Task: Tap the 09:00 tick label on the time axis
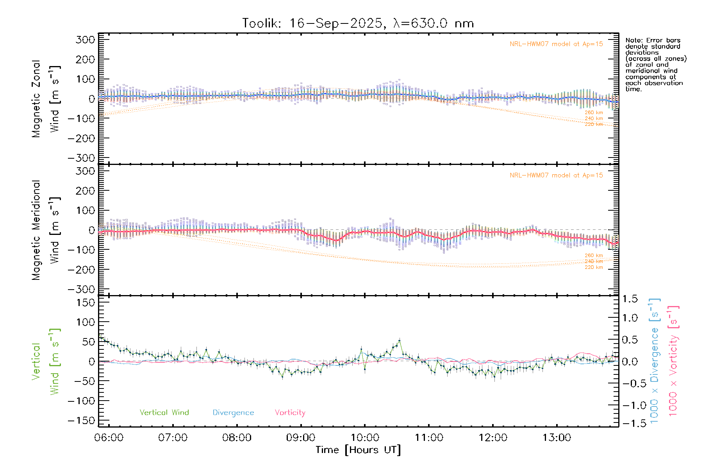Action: (300, 438)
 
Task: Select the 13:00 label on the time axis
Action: (557, 438)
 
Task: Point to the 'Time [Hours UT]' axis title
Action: (358, 450)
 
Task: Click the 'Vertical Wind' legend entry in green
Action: (164, 413)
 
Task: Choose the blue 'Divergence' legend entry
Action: (233, 413)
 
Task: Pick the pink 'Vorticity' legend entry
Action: (290, 413)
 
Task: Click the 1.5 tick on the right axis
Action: (630, 299)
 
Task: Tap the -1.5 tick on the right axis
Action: (630, 424)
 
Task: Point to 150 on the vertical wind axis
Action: (86, 303)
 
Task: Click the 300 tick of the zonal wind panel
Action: (86, 39)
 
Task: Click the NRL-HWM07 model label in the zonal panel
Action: (556, 44)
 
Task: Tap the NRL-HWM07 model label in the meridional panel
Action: (556, 175)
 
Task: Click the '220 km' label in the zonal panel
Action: (594, 124)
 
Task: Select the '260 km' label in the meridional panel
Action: (594, 256)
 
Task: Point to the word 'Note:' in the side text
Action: (633, 40)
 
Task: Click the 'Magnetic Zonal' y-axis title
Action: (36, 99)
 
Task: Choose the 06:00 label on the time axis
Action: (109, 438)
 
